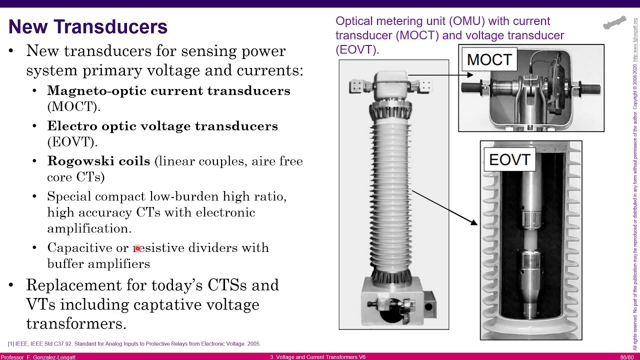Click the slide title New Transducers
(x=88, y=27)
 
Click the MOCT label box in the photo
(x=489, y=60)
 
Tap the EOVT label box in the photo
(x=509, y=160)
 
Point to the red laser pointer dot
(x=137, y=248)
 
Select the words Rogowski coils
(x=98, y=161)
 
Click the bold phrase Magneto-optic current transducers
(x=168, y=91)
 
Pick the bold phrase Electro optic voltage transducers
(x=162, y=126)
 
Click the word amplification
(x=89, y=228)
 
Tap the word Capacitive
(x=79, y=248)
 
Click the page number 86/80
(x=627, y=357)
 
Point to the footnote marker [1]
(x=10, y=344)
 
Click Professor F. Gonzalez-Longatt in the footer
(x=38, y=357)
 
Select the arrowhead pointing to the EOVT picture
(x=473, y=221)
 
